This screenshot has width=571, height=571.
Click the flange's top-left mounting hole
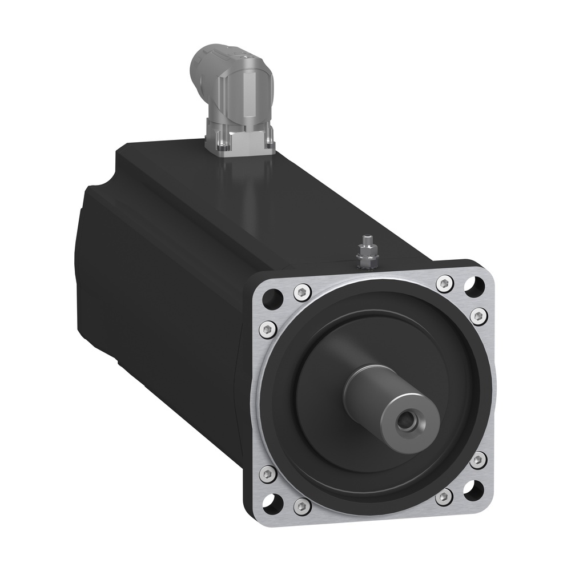(274, 296)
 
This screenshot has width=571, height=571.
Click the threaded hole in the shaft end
(407, 423)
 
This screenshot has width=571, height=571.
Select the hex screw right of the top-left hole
(301, 292)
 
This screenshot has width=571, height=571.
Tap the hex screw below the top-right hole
(479, 315)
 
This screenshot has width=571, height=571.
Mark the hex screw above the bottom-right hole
(478, 460)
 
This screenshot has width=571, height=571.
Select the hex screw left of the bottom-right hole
(444, 497)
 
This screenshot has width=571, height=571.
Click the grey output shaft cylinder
(371, 394)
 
